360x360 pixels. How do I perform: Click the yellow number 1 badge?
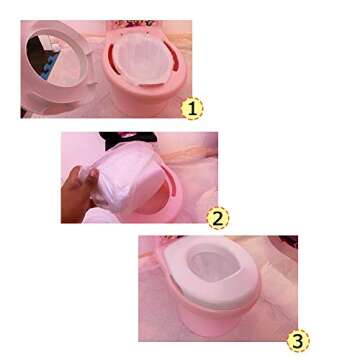coord(193,106)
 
